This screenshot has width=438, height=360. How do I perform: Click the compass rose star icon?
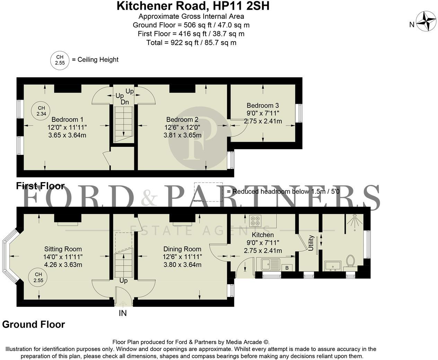coord(426,21)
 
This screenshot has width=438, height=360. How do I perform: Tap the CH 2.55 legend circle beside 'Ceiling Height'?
coord(60,60)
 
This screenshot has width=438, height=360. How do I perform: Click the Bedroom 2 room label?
coord(182,120)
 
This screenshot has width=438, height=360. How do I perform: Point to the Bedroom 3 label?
coord(263,106)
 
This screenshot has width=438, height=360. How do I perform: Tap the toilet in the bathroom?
coord(350,261)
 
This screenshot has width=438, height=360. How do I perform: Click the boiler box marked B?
coord(287,267)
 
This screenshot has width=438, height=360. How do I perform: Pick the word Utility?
coord(311,243)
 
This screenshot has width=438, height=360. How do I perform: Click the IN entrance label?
coord(123,313)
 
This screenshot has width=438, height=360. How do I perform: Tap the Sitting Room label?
coord(63,249)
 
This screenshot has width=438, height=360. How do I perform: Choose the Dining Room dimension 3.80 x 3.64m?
coord(182,265)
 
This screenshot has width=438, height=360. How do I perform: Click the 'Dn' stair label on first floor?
coord(125,102)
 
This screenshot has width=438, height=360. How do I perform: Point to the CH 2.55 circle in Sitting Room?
coord(38,278)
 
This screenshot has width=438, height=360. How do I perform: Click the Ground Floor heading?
coord(34,324)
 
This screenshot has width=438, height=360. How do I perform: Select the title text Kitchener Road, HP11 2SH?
coord(193,6)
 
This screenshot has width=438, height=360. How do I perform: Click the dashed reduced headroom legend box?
coord(208,191)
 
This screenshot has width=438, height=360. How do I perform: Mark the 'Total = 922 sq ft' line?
coord(191,43)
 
